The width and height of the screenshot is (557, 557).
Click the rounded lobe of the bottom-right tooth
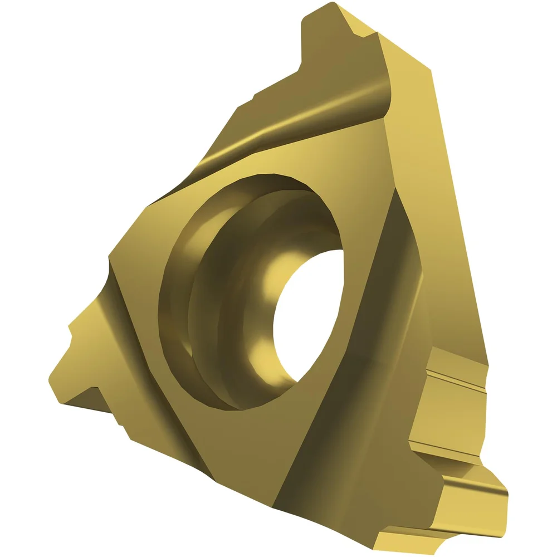point(490,490)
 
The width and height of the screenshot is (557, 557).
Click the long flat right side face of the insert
point(440,223)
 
